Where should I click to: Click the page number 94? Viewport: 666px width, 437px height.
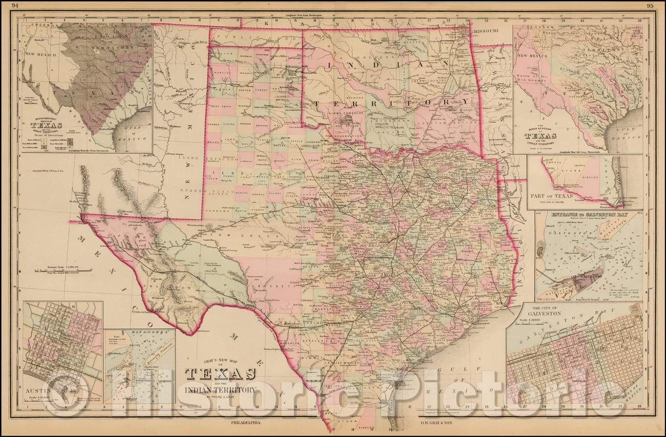[7, 6]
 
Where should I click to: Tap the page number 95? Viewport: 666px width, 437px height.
[657, 6]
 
